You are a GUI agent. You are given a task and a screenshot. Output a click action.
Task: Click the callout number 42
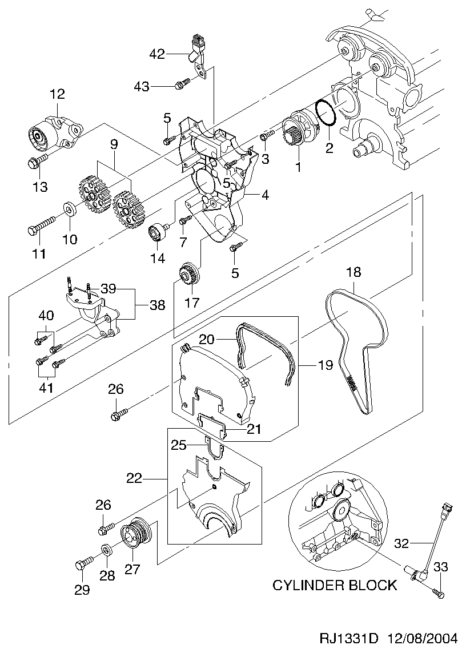tap(157, 54)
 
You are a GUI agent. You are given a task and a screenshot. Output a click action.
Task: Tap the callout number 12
tap(58, 94)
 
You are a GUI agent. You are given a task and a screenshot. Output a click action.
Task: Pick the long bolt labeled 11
tap(40, 226)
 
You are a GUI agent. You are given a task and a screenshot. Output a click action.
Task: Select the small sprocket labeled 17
tap(188, 272)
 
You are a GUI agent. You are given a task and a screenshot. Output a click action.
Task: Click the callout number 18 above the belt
tap(353, 272)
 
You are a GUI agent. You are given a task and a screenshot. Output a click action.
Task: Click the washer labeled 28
tap(107, 551)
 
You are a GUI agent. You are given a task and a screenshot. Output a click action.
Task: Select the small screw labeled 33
tap(439, 594)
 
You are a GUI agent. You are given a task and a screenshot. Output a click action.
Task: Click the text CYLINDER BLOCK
tap(334, 585)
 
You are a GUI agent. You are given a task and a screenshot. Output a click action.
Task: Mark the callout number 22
tap(134, 479)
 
